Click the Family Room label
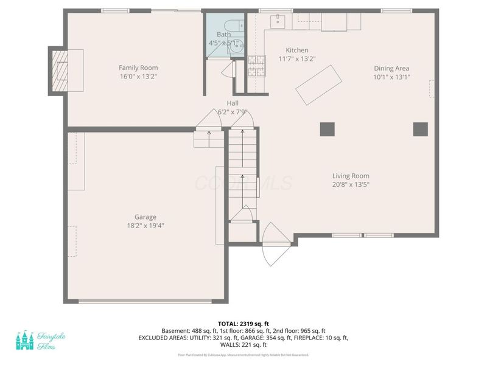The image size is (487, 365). coord(138,68)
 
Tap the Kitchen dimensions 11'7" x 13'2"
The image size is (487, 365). coord(296,59)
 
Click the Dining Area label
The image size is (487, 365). coord(391,68)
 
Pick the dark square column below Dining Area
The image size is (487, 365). coord(420,128)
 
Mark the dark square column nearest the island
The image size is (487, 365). coord(327,128)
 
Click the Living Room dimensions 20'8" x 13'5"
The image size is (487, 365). coord(351,184)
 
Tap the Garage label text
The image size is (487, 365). coord(145,217)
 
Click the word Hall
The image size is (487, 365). coord(233,103)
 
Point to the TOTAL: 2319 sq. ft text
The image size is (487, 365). coord(243,323)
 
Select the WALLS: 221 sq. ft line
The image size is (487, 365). coord(243,344)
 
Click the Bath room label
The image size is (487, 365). coord(223,35)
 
